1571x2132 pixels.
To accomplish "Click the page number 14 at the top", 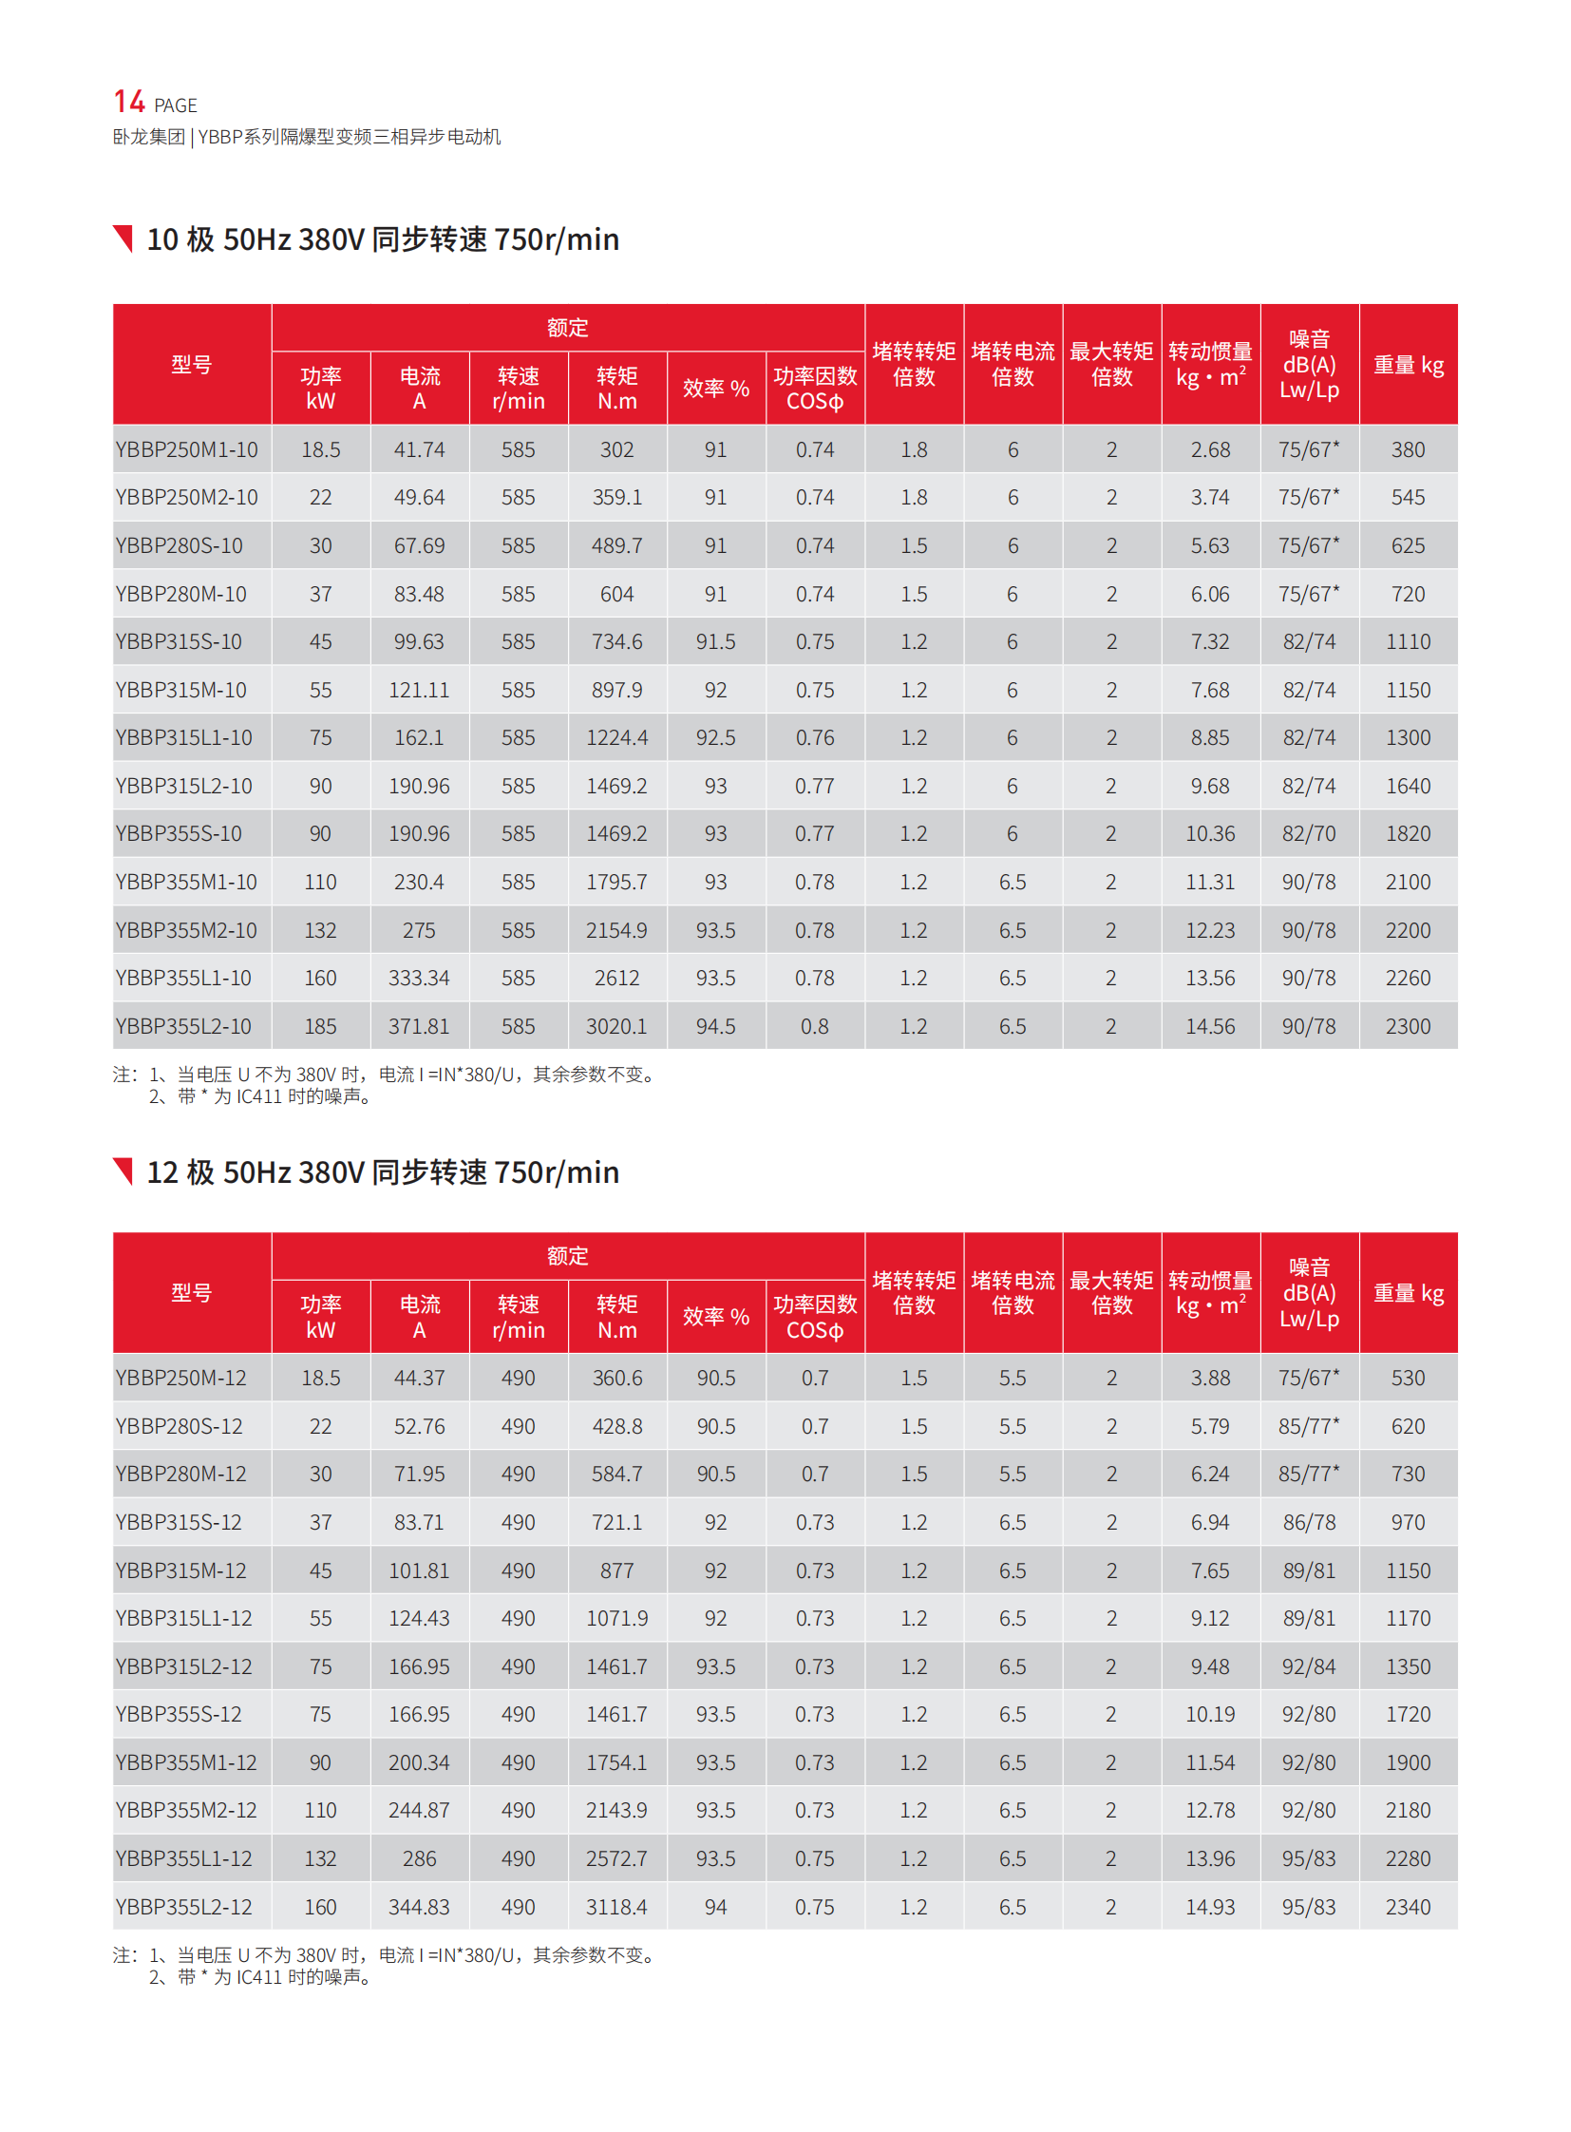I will point(128,102).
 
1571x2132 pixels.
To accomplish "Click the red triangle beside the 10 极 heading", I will point(123,238).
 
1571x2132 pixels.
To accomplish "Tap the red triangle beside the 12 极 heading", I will point(123,1171).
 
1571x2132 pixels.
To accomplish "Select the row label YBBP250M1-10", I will point(186,449).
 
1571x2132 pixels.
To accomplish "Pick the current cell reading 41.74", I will point(419,449).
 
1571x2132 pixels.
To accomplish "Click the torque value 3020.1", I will point(616,1026).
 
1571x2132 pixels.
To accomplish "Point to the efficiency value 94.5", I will point(715,1026).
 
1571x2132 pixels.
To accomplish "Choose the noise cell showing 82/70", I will point(1309,833).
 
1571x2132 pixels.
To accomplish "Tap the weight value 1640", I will point(1408,786).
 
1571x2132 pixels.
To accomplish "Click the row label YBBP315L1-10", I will point(183,737).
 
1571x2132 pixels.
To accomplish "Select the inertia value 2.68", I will point(1210,449).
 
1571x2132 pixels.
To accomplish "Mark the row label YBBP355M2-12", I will point(186,1810).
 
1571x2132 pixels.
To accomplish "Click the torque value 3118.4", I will point(616,1907).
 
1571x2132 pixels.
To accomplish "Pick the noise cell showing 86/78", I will point(1309,1522).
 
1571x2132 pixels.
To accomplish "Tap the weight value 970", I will point(1408,1522).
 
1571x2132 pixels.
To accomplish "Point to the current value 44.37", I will point(419,1378).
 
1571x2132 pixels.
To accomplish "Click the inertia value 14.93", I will point(1210,1907).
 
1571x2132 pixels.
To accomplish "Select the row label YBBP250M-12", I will point(180,1378).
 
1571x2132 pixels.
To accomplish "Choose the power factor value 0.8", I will point(814,1026).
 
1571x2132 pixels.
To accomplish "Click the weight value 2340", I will point(1408,1907).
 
